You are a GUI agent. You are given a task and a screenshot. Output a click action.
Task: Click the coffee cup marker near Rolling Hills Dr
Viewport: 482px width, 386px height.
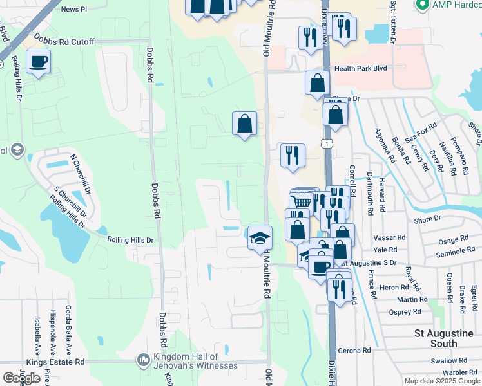(38, 62)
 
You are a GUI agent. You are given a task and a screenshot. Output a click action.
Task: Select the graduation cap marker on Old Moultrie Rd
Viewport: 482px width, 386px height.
(260, 237)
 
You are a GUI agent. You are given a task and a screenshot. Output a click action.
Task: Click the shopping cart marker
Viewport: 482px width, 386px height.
(303, 201)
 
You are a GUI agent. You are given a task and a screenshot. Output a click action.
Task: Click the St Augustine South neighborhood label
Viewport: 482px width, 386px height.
(445, 338)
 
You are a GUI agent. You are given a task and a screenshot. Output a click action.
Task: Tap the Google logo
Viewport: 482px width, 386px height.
(21, 378)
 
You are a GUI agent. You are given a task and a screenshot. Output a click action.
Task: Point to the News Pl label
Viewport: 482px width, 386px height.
(73, 9)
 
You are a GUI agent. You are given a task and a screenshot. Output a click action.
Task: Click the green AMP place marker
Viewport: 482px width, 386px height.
(423, 6)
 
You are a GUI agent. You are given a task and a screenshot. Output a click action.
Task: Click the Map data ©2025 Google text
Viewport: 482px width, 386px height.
(441, 381)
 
